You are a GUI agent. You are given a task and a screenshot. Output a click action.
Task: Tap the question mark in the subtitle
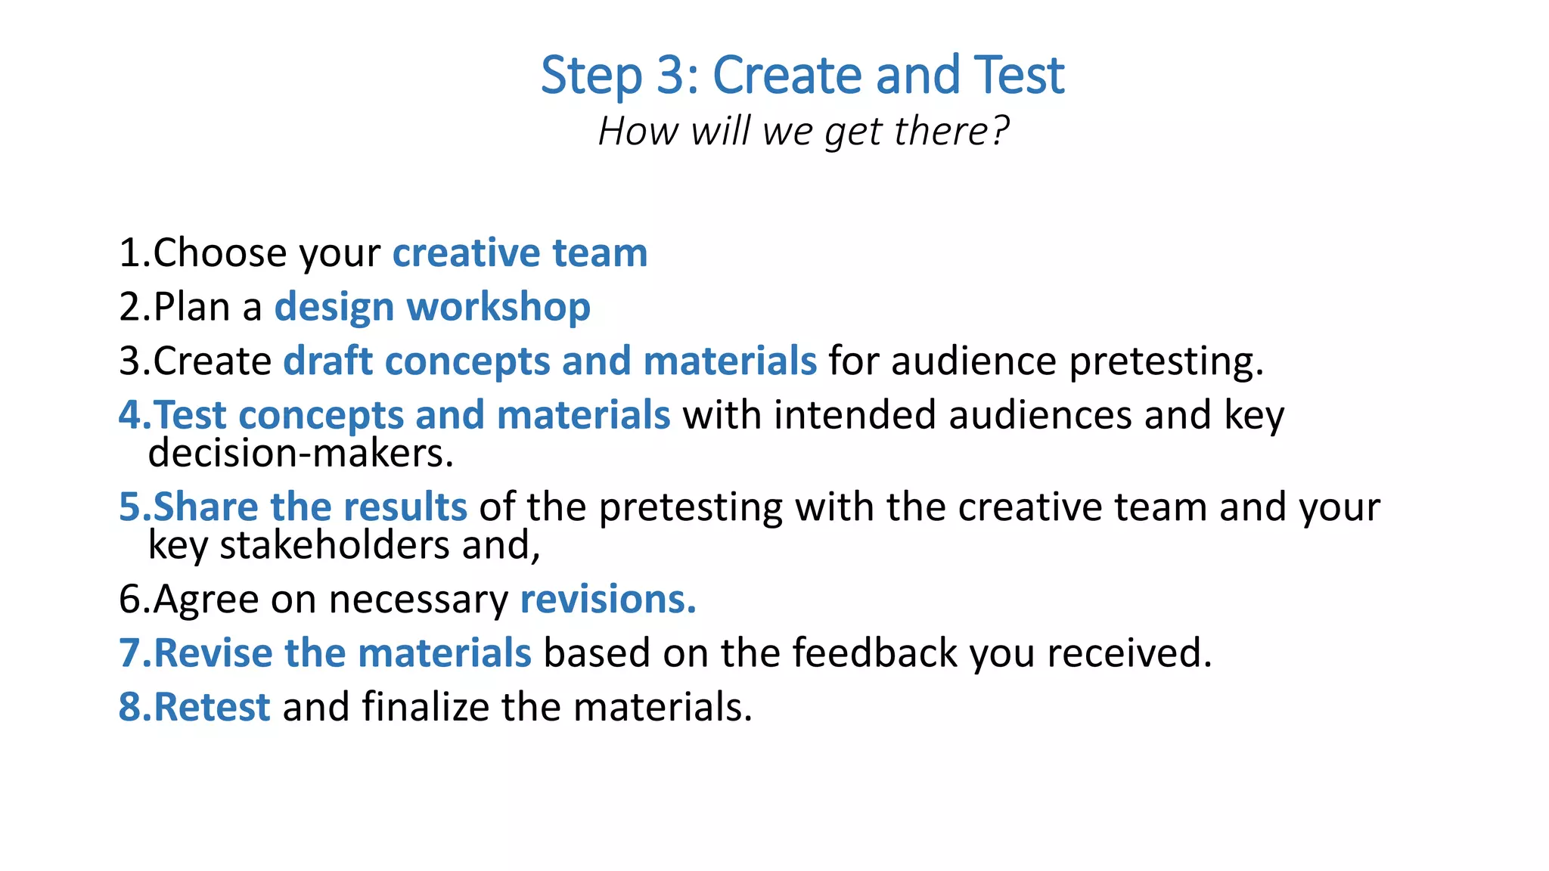pyautogui.click(x=1000, y=130)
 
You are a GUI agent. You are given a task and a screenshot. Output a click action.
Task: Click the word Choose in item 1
pyautogui.click(x=220, y=253)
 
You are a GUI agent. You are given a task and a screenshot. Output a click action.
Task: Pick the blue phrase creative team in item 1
pyautogui.click(x=520, y=253)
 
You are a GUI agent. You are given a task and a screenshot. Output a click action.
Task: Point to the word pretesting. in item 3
pyautogui.click(x=1166, y=361)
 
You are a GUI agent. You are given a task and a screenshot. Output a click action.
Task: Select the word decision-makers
pyautogui.click(x=300, y=454)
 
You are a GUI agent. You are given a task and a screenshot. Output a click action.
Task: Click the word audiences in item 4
pyautogui.click(x=1040, y=415)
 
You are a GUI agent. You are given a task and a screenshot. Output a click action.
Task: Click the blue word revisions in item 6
pyautogui.click(x=607, y=600)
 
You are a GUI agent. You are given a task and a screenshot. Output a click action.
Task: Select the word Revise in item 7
pyautogui.click(x=213, y=653)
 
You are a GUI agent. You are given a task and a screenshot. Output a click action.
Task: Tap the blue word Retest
pyautogui.click(x=212, y=708)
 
